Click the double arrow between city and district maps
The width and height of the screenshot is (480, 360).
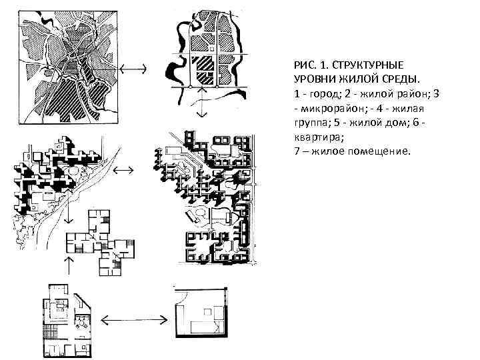click(x=135, y=68)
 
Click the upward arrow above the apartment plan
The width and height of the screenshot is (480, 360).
click(x=67, y=262)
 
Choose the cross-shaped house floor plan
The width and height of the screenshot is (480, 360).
click(x=100, y=240)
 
